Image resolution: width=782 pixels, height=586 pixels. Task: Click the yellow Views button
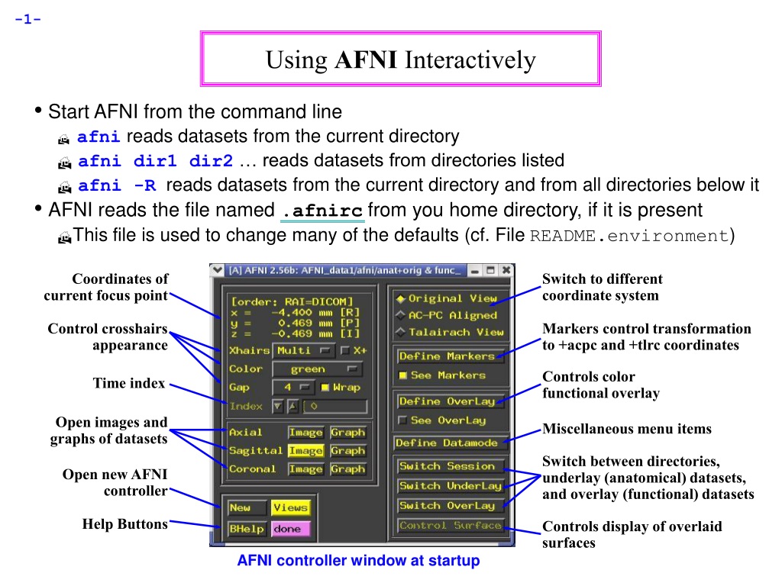tap(291, 507)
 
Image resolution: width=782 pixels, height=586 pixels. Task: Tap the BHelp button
tap(247, 529)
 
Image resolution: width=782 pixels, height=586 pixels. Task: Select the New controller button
tap(247, 507)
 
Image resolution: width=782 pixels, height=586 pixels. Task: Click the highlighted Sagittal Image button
tap(305, 450)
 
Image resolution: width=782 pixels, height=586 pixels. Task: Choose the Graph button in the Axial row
tap(347, 433)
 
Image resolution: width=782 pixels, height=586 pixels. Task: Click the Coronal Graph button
tap(347, 469)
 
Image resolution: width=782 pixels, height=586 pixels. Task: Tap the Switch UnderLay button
tap(451, 486)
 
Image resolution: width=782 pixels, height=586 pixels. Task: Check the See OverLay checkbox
tap(402, 420)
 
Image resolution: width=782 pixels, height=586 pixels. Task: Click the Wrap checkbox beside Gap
tap(325, 387)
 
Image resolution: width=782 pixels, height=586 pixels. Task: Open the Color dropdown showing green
tap(317, 369)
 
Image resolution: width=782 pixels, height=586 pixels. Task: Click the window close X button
tap(506, 270)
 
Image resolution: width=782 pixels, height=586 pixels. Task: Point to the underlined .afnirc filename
tap(323, 211)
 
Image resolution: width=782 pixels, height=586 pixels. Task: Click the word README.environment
tap(629, 236)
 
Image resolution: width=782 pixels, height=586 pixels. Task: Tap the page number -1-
tap(28, 19)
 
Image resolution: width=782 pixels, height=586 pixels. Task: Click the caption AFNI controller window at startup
tap(359, 561)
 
